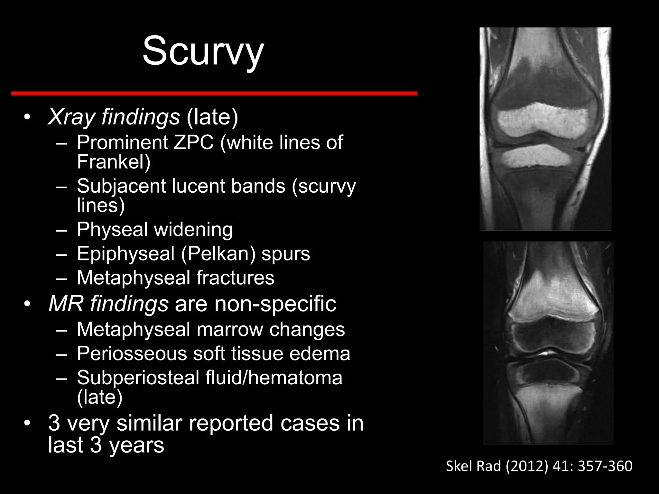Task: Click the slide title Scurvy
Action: tap(203, 51)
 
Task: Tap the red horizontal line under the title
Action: tap(214, 93)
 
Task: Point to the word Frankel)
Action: tap(114, 161)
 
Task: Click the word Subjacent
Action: tap(121, 186)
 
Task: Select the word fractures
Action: tap(235, 278)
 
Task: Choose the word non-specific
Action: tap(275, 304)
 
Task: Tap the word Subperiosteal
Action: tap(138, 378)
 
